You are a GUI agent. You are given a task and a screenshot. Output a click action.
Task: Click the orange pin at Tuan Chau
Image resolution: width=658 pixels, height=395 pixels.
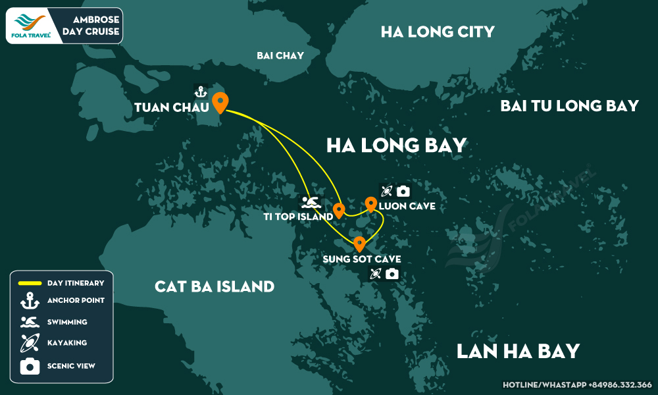(220, 102)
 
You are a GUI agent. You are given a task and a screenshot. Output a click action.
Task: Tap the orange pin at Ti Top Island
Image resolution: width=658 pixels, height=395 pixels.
(339, 210)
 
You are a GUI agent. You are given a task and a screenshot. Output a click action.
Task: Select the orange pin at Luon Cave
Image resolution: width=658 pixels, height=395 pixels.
(370, 204)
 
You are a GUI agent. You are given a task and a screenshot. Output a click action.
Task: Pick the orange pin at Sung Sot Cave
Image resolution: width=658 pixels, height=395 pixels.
(359, 244)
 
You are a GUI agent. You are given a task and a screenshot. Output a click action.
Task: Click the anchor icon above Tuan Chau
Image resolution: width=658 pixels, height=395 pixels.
(201, 92)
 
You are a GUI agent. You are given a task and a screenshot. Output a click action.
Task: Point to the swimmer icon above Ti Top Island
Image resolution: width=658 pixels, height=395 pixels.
(310, 201)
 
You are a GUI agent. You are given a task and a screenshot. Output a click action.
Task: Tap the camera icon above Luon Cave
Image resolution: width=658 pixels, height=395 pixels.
(403, 191)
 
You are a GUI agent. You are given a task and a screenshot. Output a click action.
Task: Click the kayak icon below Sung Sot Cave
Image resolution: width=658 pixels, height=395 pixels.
(376, 273)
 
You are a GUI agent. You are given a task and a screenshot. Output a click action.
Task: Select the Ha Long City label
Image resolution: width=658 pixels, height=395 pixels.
(438, 32)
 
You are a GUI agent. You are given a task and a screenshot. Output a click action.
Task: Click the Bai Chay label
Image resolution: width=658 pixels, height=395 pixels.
(280, 55)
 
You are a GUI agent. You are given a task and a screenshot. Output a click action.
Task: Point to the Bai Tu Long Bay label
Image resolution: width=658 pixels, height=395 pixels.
(569, 105)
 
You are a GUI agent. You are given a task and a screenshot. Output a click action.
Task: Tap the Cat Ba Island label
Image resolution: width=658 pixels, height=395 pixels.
(215, 286)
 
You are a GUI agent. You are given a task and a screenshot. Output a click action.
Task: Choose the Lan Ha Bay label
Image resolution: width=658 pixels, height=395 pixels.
(518, 350)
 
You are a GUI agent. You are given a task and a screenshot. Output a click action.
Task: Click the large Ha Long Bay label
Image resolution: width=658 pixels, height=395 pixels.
(396, 145)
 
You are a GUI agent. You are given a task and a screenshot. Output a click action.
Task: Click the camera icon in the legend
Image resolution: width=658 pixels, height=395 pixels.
(30, 365)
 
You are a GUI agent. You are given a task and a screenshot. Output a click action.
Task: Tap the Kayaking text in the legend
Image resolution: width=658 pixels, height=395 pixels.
(67, 343)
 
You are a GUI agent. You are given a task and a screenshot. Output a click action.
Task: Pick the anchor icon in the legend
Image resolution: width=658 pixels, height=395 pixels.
(30, 301)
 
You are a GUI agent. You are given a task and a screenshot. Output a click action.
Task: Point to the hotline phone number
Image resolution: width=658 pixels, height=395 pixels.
(576, 384)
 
